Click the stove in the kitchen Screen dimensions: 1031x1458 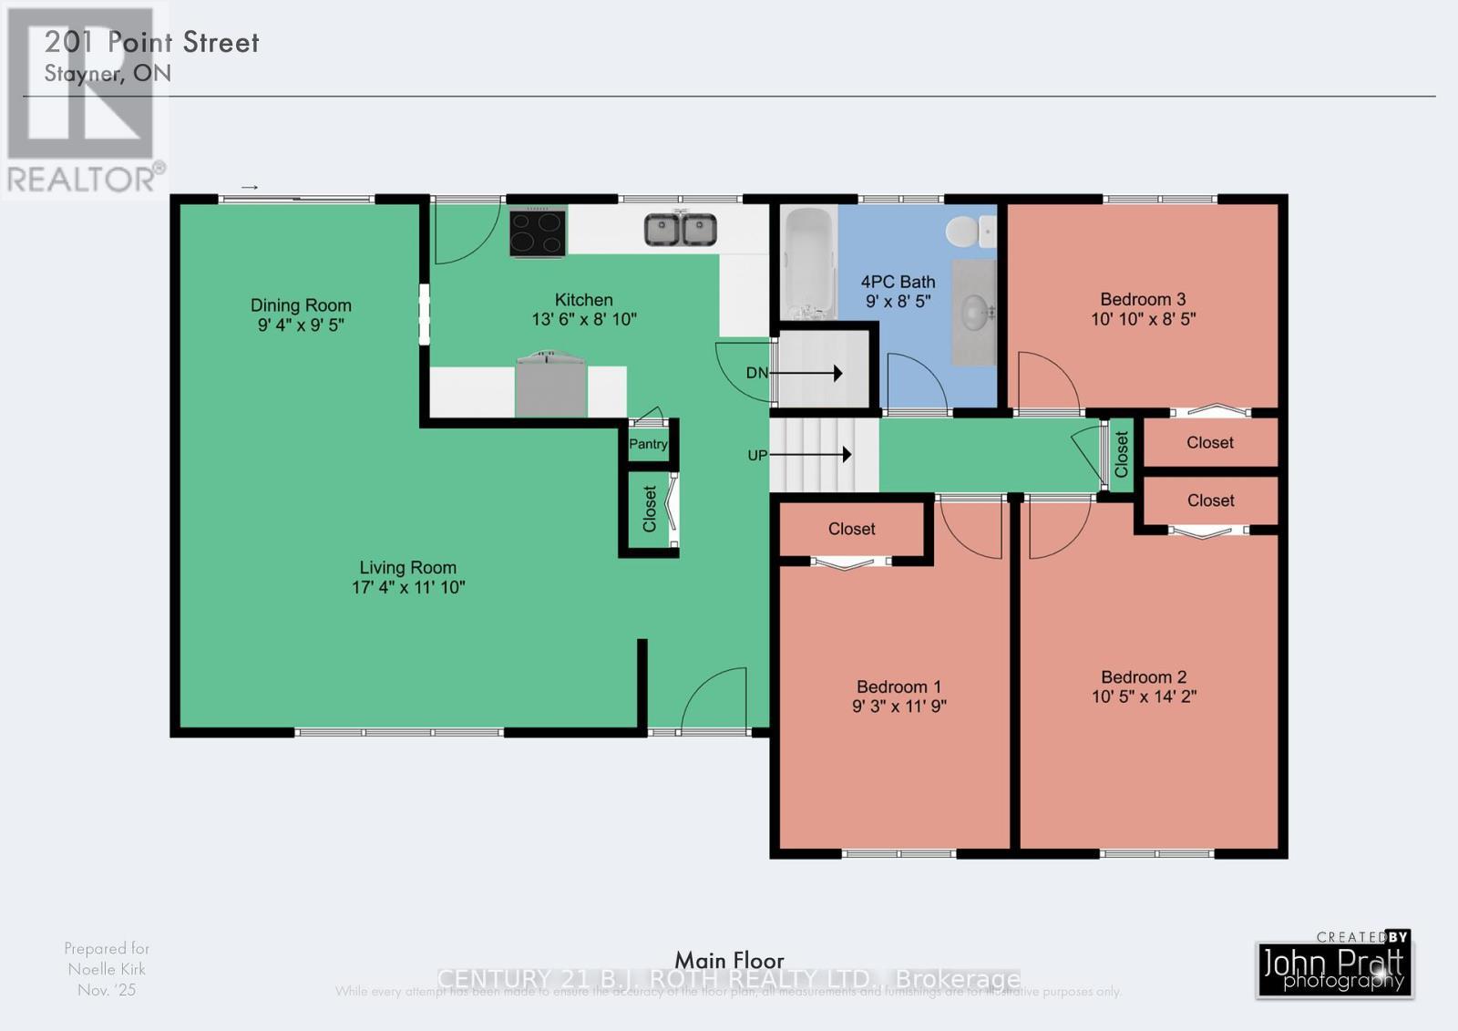tap(538, 232)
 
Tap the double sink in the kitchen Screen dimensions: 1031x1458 tap(681, 230)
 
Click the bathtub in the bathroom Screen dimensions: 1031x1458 tap(809, 263)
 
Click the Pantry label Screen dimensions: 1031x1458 tap(648, 444)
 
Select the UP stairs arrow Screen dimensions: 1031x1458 tap(813, 454)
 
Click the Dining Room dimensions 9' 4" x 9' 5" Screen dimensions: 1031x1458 tap(301, 325)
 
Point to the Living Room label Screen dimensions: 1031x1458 tap(407, 567)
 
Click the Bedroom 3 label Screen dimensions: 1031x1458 tap(1143, 299)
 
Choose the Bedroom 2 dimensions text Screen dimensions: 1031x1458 tap(1144, 696)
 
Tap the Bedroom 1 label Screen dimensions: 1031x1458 tap(898, 686)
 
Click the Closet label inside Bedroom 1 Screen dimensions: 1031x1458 tap(851, 529)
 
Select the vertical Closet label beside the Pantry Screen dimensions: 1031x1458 tap(650, 509)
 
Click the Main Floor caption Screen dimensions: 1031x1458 tap(729, 960)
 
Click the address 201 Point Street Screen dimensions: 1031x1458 tap(152, 42)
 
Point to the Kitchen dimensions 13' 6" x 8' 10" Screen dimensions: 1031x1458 tap(584, 319)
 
